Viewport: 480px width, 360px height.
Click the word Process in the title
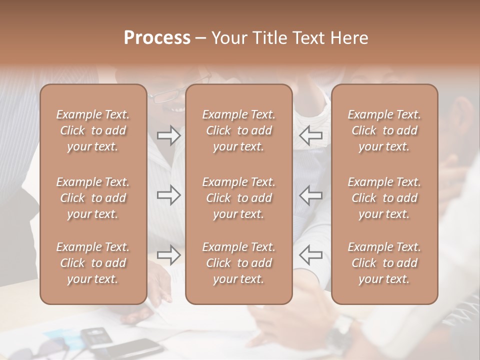pos(157,38)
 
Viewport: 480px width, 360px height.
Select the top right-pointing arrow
pos(169,135)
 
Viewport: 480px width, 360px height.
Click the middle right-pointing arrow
pos(169,195)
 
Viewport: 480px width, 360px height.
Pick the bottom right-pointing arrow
pos(169,255)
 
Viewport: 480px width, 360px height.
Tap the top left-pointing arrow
pos(311,135)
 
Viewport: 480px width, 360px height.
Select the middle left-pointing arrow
pos(311,195)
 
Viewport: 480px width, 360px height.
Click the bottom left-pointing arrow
pos(311,255)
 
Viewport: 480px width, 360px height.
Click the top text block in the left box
pos(93,130)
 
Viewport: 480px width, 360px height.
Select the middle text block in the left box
pos(93,198)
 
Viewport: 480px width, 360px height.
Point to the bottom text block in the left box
pos(93,263)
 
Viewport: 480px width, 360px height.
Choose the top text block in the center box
pos(238,130)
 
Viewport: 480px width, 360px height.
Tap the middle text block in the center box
pos(238,198)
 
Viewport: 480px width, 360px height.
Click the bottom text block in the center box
pos(238,263)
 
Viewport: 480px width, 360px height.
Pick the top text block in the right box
pos(384,130)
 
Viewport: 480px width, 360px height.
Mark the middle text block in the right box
pos(384,198)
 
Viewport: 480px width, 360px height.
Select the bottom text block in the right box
pos(384,263)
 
